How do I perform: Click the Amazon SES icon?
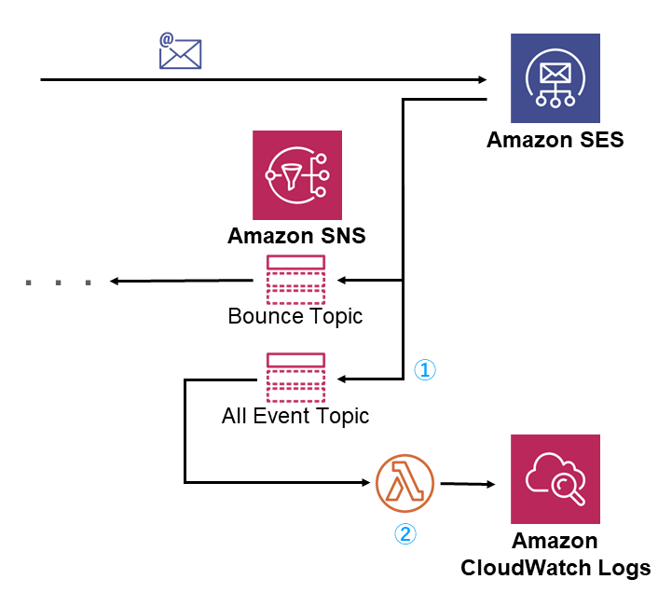(x=555, y=79)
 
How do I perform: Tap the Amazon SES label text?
(x=555, y=141)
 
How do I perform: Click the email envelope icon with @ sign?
(x=181, y=52)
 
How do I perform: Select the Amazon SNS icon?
(x=296, y=175)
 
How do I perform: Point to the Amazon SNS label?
(x=296, y=236)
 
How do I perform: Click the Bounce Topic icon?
(x=295, y=279)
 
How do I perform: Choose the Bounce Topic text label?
(x=295, y=316)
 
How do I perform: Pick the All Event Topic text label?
(x=295, y=416)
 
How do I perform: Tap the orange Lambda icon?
(x=405, y=484)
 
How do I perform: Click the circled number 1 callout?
(x=424, y=370)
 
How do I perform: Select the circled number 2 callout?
(x=405, y=533)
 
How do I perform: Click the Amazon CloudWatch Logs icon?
(x=555, y=479)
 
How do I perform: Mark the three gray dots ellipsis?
(x=60, y=282)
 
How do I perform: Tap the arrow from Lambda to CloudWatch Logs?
(x=466, y=484)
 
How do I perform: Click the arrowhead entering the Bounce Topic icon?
(x=341, y=280)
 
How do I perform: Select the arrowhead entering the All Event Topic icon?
(x=341, y=379)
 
